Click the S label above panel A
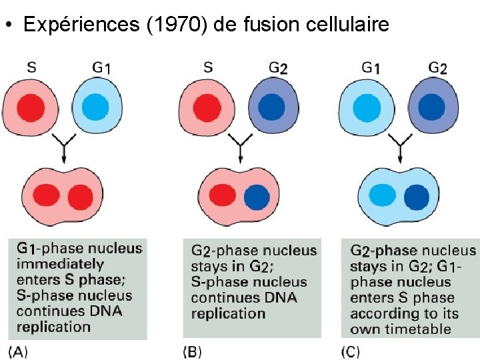coord(31,67)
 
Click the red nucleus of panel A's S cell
coord(29,106)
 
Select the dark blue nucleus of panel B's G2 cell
coord(271,106)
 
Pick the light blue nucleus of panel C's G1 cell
coord(365,106)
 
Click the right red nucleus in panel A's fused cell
coord(81,197)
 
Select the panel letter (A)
coord(18,351)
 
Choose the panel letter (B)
coord(192,351)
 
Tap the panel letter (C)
coord(351,351)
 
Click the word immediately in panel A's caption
coord(60,264)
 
